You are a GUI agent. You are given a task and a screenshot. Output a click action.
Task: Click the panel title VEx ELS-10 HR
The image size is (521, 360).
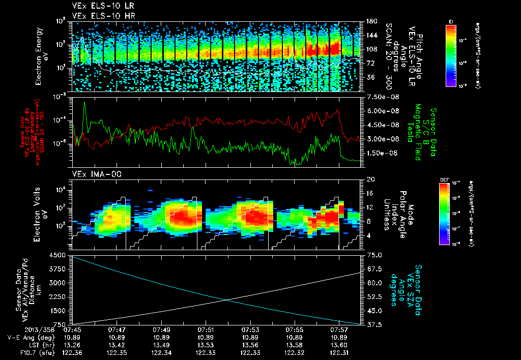(100, 15)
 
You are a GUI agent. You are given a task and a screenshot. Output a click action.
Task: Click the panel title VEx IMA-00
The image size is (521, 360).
(93, 174)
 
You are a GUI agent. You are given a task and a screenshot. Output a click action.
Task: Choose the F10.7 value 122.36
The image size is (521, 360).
(73, 351)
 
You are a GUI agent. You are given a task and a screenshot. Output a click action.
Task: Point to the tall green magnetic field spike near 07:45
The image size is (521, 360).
(84, 104)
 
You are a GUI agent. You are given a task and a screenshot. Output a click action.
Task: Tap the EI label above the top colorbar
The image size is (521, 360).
(451, 21)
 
